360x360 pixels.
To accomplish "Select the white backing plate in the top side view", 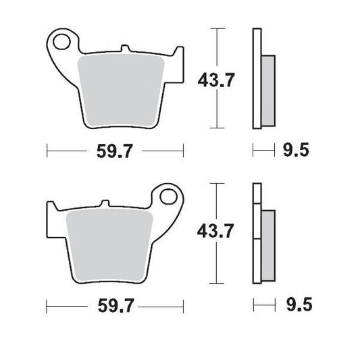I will (x=256, y=78).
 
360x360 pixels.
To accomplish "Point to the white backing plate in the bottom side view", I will (x=256, y=233).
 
